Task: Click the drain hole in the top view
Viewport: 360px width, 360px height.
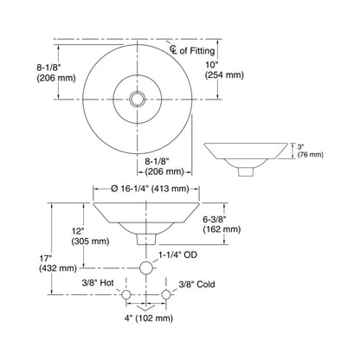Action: click(x=138, y=99)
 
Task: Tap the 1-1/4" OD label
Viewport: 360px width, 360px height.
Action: click(x=177, y=254)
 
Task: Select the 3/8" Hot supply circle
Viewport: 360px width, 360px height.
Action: click(x=126, y=295)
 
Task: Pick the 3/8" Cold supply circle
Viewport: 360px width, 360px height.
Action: click(x=166, y=295)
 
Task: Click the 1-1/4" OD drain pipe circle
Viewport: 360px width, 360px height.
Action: click(x=146, y=268)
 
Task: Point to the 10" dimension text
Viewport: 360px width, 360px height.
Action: click(x=212, y=64)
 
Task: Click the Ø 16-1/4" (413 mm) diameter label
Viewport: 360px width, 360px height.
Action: click(x=150, y=189)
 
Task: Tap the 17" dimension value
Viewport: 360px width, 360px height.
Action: click(x=45, y=258)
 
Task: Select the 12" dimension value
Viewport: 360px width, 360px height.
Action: click(x=78, y=231)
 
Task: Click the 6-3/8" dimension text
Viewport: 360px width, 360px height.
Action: click(x=215, y=219)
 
